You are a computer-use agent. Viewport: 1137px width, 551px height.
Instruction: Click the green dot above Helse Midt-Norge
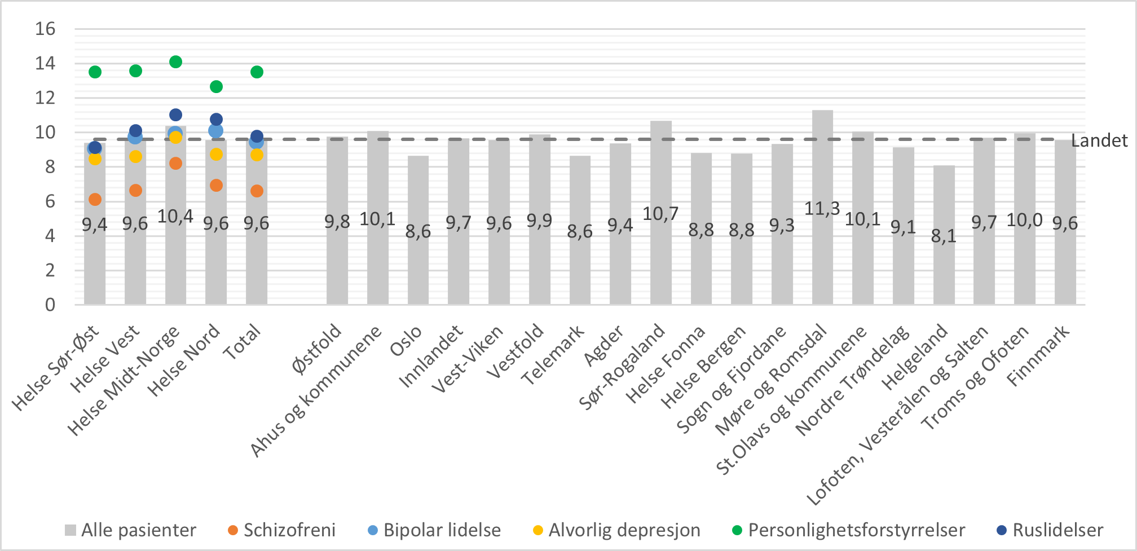coord(175,62)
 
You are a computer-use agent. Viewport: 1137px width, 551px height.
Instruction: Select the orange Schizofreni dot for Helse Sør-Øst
coord(95,200)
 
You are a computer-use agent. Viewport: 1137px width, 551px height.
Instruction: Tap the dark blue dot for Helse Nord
coord(216,120)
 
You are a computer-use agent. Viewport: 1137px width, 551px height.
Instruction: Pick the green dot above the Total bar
coord(257,72)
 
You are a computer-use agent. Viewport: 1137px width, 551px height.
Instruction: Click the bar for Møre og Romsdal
coord(822,254)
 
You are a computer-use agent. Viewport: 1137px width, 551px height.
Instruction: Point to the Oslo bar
coord(418,265)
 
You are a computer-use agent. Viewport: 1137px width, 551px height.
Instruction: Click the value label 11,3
coord(822,209)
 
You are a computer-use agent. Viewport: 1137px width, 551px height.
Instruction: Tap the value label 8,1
coord(944,236)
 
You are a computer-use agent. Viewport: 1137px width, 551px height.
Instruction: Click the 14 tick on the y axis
coord(45,63)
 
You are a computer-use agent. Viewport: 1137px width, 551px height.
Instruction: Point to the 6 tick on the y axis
coord(50,201)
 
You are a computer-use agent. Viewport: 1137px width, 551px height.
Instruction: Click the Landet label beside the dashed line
coord(1099,140)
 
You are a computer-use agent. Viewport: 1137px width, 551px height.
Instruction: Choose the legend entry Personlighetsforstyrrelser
coord(856,530)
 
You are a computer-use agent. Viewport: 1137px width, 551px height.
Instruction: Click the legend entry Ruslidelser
coord(1057,530)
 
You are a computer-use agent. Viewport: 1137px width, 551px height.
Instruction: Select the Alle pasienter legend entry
coord(138,530)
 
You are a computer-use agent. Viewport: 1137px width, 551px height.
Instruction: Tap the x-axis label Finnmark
coord(1038,355)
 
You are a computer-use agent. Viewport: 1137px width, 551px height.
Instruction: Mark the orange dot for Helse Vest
coord(135,191)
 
